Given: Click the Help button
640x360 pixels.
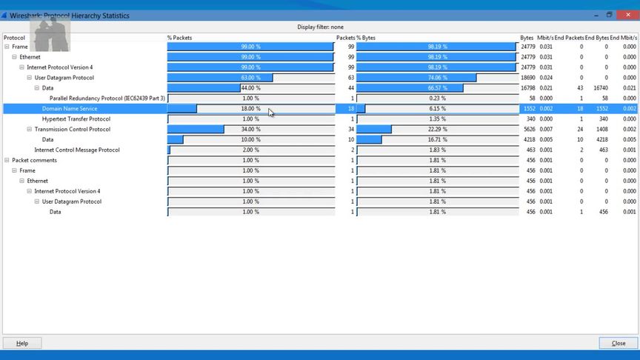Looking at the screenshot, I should coord(22,343).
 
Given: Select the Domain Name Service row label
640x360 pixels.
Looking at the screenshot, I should coord(69,109).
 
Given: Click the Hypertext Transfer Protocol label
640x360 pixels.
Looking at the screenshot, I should coord(76,119).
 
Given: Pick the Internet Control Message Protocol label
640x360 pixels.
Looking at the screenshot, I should coord(76,150).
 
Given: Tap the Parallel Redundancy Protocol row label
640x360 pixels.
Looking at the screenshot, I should coord(107,99).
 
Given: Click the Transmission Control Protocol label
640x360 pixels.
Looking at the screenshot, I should coord(72,130).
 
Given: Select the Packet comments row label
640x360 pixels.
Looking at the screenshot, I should coord(34,161).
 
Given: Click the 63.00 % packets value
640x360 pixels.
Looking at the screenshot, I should coord(250,78).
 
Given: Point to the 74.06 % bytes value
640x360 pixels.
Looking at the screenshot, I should coord(437,78).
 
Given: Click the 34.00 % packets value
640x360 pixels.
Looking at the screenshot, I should coord(250,130).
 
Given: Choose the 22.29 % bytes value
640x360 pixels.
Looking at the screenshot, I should coord(437,130).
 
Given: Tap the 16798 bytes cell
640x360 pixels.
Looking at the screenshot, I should coord(527,88).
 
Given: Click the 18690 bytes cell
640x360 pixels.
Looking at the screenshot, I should coord(527,78).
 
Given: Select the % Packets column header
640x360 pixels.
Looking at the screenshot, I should coord(180,38).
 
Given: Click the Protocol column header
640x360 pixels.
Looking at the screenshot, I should coord(14,38).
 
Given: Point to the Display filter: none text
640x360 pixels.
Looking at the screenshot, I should coord(320,27).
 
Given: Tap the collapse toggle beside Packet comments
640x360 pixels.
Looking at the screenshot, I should coord(7,161).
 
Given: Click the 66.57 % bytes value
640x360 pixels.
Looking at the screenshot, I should coord(437,88).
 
